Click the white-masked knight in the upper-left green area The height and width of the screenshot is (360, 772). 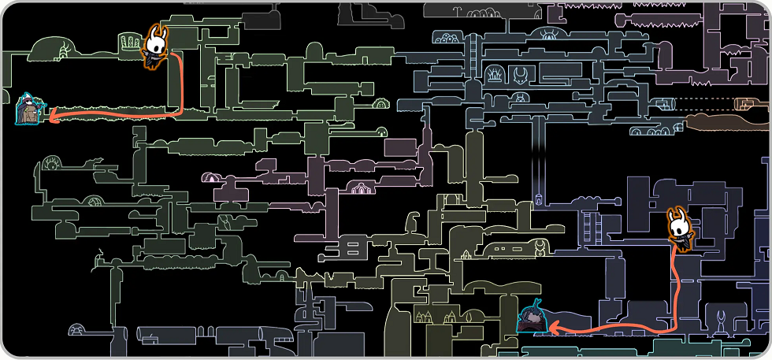pos(156,46)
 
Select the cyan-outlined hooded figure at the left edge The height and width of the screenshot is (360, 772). pos(30,110)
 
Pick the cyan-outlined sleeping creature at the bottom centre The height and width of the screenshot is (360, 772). pos(533,318)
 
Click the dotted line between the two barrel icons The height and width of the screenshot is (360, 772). pos(704,103)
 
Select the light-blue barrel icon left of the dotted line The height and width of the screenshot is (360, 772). pos(664,103)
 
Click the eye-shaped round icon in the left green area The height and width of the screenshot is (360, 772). pos(52,164)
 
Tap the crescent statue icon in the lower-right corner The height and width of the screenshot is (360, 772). pos(725,321)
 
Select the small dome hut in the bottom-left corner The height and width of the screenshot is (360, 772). pos(77,329)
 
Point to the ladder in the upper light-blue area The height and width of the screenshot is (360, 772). pos(473,55)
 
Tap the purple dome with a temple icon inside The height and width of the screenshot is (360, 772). pos(361,188)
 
